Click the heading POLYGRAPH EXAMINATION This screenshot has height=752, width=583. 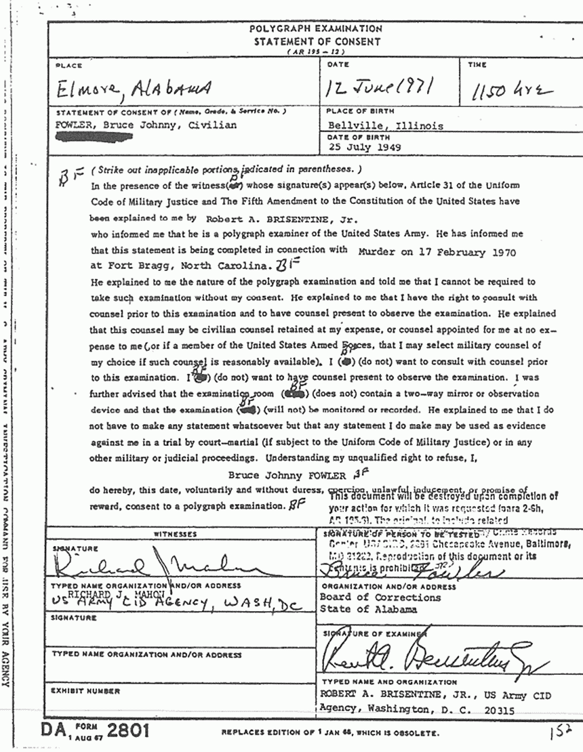point(315,29)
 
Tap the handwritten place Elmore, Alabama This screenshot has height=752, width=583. point(134,87)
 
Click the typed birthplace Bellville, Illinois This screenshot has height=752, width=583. point(384,125)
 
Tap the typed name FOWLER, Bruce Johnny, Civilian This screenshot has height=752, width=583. point(147,125)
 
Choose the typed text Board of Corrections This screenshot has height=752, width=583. point(381,597)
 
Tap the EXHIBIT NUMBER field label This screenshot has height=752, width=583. point(85,691)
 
